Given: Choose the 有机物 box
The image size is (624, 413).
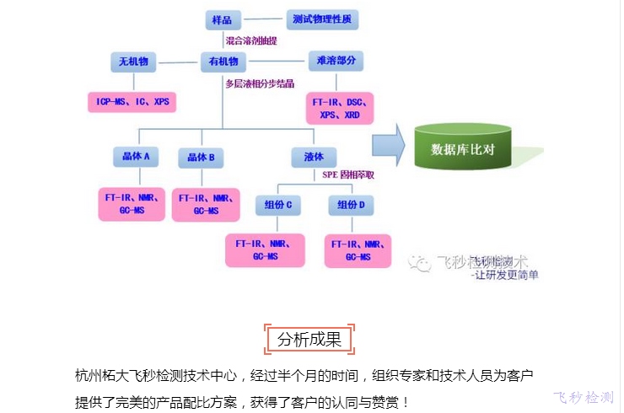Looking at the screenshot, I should (x=223, y=62).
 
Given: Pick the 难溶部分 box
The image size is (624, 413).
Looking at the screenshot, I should (x=336, y=62).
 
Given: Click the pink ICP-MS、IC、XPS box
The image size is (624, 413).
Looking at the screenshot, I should (x=132, y=102).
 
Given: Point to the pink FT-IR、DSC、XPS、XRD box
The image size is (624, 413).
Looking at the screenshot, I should (x=340, y=108).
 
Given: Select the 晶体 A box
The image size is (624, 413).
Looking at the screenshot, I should (x=134, y=157).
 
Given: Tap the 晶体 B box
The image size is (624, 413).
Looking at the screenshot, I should (x=201, y=158).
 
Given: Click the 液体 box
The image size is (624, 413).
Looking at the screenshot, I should (x=325, y=157).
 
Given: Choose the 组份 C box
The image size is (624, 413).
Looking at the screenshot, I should (x=279, y=206).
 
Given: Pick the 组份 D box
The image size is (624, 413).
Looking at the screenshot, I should (x=351, y=206).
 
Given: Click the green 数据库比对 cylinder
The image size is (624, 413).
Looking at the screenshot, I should (x=462, y=148).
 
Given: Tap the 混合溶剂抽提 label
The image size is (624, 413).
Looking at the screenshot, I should (x=250, y=40).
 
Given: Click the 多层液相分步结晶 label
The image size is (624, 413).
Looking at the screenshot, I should (x=260, y=83).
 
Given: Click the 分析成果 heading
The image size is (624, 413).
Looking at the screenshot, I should (x=309, y=340).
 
